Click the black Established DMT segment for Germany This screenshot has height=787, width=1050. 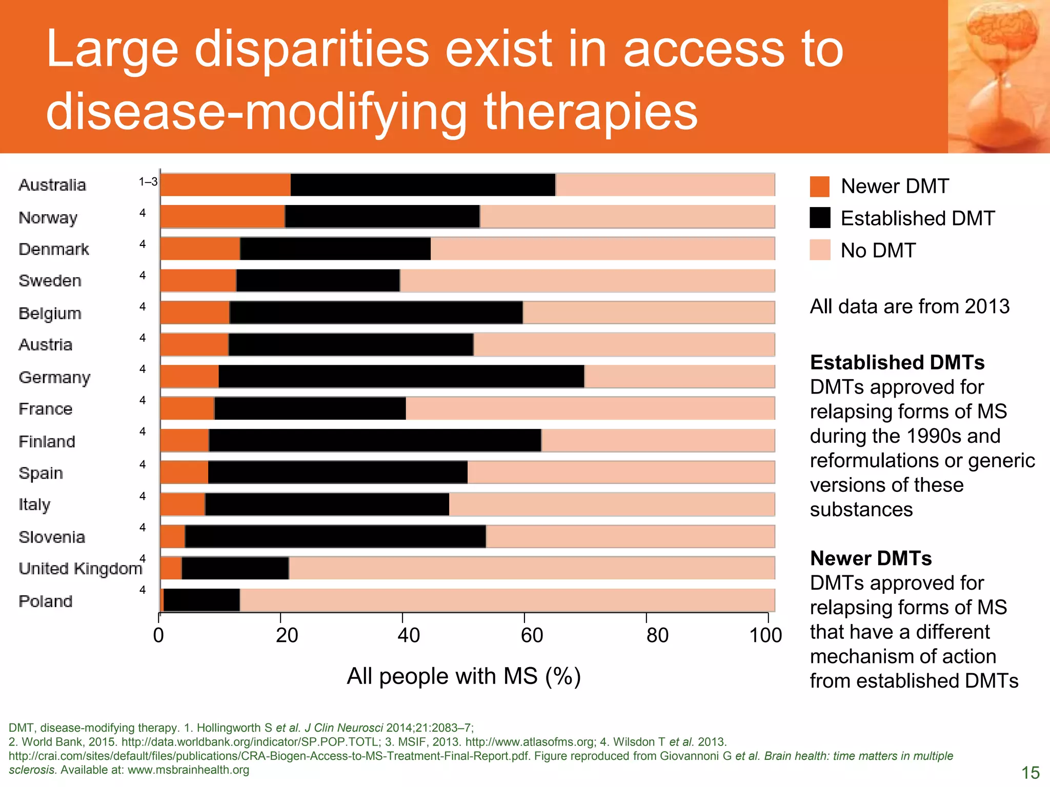tap(401, 377)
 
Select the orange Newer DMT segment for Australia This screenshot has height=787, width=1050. tap(226, 185)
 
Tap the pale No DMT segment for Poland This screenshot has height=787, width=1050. tap(507, 600)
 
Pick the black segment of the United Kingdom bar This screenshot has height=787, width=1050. tap(235, 568)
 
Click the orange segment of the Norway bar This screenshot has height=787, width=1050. tap(223, 217)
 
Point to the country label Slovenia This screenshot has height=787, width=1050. tap(52, 537)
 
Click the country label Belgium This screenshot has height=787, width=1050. tap(50, 313)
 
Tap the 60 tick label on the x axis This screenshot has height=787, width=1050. tap(532, 636)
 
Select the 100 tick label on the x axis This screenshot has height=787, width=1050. tap(765, 636)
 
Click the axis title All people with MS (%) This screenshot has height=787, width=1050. tap(463, 676)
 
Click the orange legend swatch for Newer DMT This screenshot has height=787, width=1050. tap(819, 187)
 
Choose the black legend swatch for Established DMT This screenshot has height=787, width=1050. tap(819, 218)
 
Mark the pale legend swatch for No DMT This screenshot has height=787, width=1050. tap(819, 250)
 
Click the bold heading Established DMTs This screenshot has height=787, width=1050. tap(897, 362)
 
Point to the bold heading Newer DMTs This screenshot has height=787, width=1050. tap(871, 558)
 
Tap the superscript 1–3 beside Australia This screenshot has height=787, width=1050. tap(148, 182)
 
